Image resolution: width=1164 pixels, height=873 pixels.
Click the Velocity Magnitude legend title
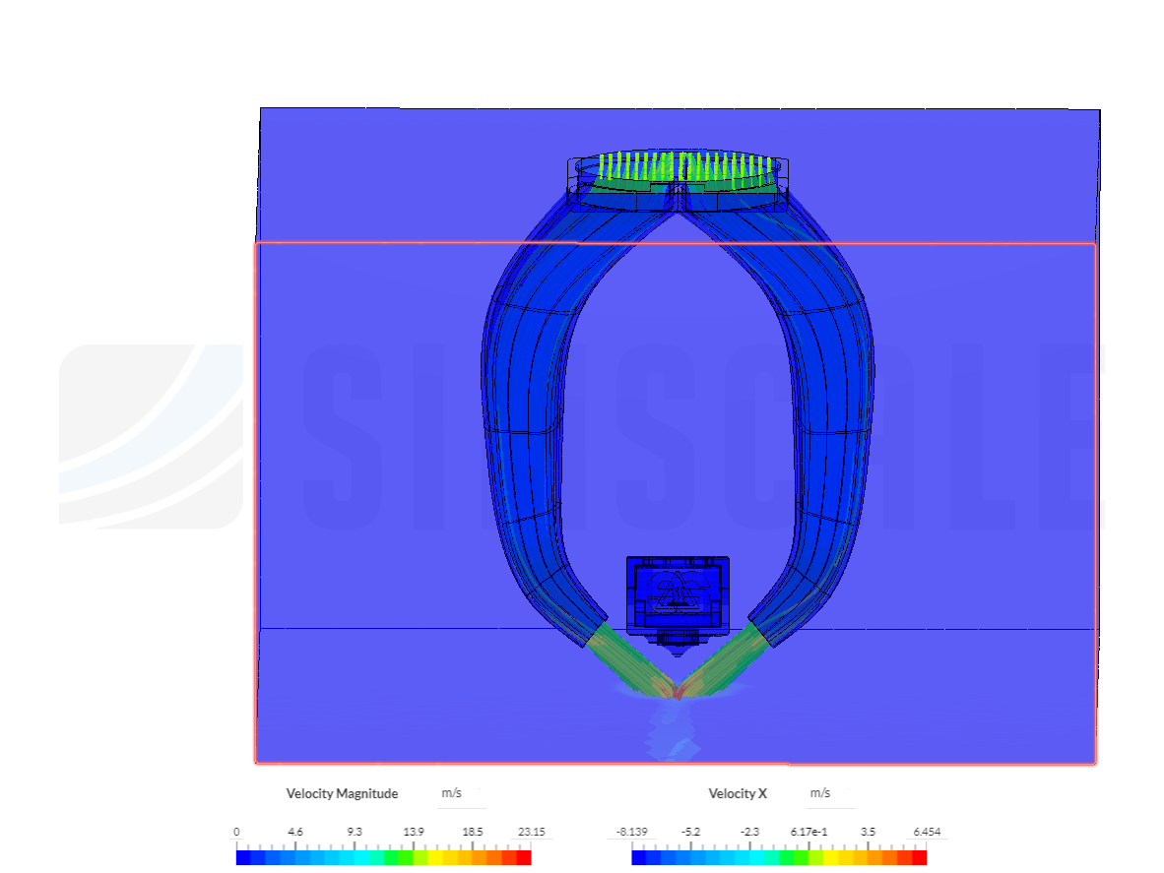click(343, 793)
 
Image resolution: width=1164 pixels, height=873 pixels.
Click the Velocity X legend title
click(738, 793)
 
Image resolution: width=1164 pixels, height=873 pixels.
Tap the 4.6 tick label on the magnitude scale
click(295, 832)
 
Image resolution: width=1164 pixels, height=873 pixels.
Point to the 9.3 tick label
click(355, 832)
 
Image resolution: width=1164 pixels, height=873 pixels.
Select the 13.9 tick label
click(414, 832)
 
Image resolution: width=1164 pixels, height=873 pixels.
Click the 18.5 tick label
click(472, 832)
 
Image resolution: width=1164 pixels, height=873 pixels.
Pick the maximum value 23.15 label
click(532, 832)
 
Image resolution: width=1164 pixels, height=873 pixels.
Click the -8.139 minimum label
click(632, 832)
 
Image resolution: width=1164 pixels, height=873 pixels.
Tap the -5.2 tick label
click(691, 832)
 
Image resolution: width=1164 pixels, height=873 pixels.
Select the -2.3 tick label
click(749, 832)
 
